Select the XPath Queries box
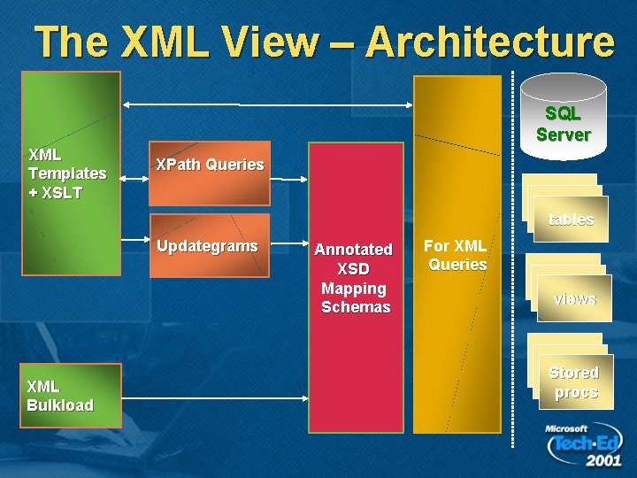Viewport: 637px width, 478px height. pyautogui.click(x=209, y=165)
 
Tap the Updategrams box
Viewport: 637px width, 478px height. pyautogui.click(x=209, y=245)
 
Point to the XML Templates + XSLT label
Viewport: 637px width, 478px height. pyautogui.click(x=67, y=173)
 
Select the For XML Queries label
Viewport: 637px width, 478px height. pyautogui.click(x=456, y=255)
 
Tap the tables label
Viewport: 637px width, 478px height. pyautogui.click(x=571, y=220)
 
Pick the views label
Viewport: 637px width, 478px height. pyautogui.click(x=574, y=299)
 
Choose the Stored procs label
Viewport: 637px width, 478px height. pyautogui.click(x=574, y=382)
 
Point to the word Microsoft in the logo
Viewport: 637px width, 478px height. pyautogui.click(x=566, y=428)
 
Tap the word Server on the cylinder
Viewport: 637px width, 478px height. pyautogui.click(x=564, y=135)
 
